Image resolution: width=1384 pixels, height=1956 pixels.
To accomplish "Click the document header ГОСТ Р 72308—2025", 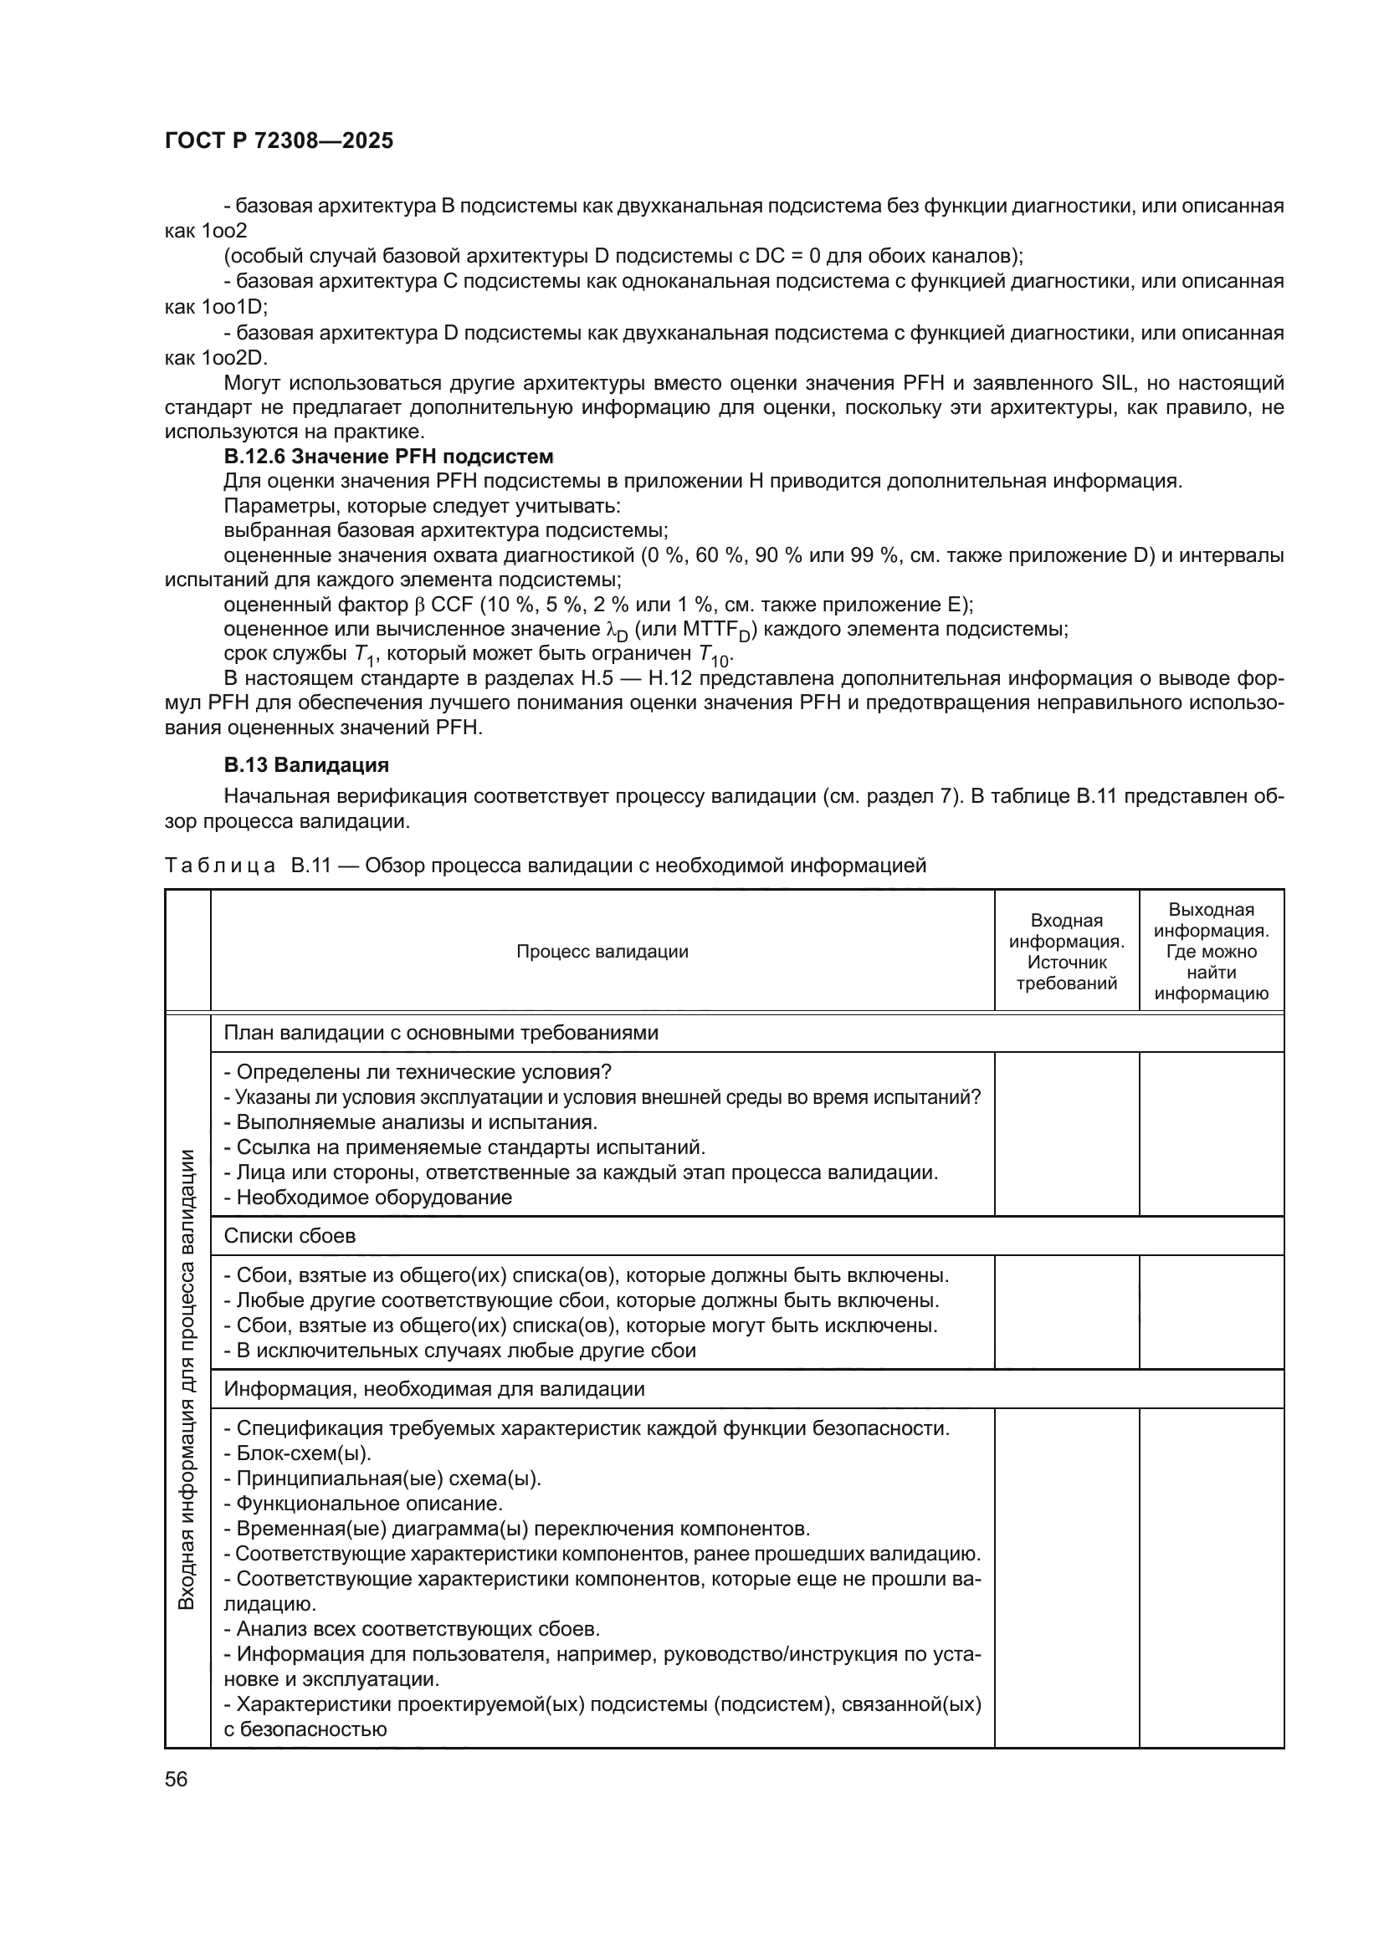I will click(279, 141).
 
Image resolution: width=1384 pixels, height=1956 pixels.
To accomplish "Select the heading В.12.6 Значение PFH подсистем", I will click(387, 457).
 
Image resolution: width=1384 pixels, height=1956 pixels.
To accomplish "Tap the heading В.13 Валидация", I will click(306, 765).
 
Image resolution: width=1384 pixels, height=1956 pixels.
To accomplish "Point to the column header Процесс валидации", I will click(602, 952).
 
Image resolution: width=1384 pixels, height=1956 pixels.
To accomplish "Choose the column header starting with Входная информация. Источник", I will click(1066, 952).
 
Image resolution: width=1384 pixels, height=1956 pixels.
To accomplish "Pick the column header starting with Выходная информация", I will click(1211, 952).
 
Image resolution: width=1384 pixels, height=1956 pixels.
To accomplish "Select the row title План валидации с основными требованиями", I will click(441, 1034).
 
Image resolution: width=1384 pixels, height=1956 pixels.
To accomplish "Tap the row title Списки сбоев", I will click(290, 1236).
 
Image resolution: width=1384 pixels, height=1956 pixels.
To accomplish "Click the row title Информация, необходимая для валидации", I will click(433, 1390).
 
